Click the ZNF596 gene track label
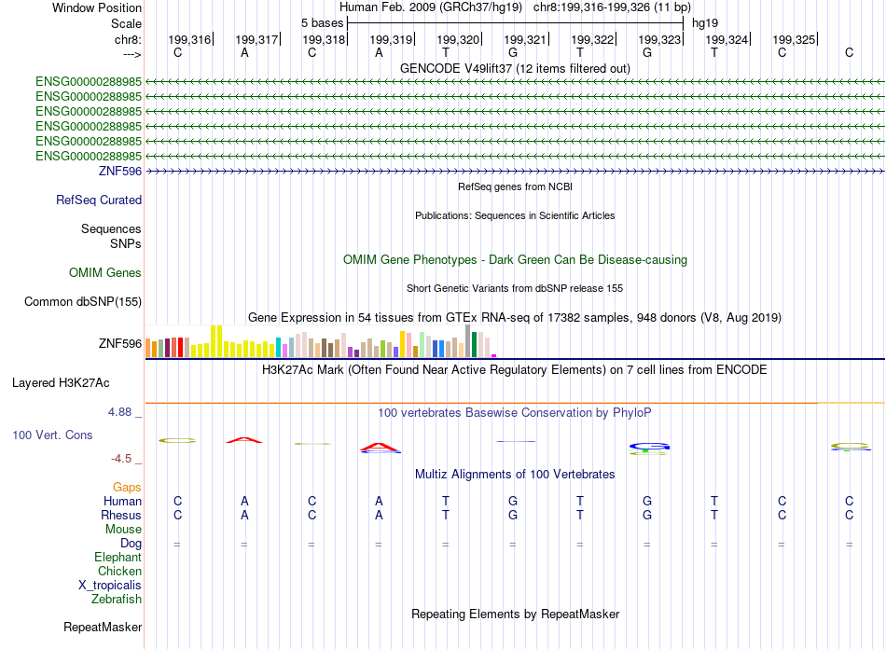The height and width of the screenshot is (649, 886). coord(119,172)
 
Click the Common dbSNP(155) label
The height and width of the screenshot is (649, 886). coord(83,301)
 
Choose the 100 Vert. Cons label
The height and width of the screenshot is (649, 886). coord(52,435)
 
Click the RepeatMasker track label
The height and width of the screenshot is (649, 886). coord(103,628)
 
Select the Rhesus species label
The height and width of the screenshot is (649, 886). coord(121,516)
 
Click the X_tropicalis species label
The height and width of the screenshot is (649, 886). coord(110,586)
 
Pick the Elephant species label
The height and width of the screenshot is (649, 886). coord(118,558)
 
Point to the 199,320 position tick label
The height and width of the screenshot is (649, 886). coord(457,39)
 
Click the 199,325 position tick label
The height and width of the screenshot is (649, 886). coord(793,39)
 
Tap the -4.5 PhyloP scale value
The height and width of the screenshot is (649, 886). coord(125,459)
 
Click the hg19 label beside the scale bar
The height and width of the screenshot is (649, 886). coord(704,22)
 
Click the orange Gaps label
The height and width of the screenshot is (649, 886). coord(127,488)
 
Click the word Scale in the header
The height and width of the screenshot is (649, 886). coord(126,23)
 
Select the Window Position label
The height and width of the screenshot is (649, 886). coord(97,7)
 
